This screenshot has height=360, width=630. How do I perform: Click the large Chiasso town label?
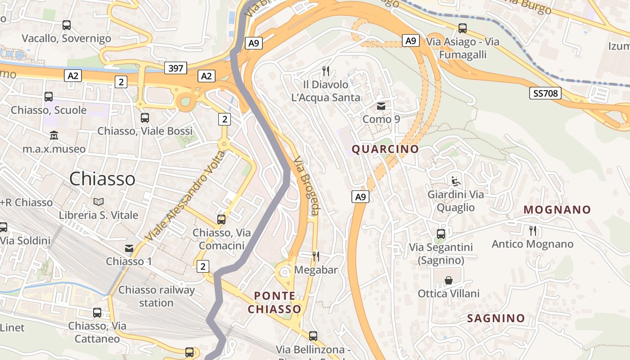[103, 179]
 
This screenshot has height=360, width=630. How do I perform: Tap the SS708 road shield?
[545, 94]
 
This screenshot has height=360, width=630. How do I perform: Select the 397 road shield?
[175, 68]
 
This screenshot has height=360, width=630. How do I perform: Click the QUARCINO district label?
[385, 149]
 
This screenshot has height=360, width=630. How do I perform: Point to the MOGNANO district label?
[557, 210]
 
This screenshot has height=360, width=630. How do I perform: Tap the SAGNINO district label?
[496, 318]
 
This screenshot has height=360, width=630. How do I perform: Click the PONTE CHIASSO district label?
[274, 302]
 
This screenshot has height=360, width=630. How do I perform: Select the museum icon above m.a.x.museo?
[54, 135]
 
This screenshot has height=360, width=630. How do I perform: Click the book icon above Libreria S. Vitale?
[99, 202]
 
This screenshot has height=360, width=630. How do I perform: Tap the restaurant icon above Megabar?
[316, 256]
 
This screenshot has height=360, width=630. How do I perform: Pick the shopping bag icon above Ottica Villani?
[449, 280]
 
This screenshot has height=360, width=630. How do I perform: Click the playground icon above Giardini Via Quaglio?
[456, 181]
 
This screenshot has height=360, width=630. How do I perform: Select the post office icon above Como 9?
[381, 107]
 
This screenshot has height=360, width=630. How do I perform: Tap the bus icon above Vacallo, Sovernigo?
[67, 25]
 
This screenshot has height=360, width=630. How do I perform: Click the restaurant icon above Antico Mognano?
[533, 231]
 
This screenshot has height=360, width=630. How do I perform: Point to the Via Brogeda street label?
[306, 185]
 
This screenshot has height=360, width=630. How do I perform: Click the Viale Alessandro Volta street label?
[186, 195]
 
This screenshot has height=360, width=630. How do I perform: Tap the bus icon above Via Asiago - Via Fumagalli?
[463, 28]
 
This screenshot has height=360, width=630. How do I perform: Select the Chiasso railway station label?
[156, 296]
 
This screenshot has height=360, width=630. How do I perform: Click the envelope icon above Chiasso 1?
[129, 248]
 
